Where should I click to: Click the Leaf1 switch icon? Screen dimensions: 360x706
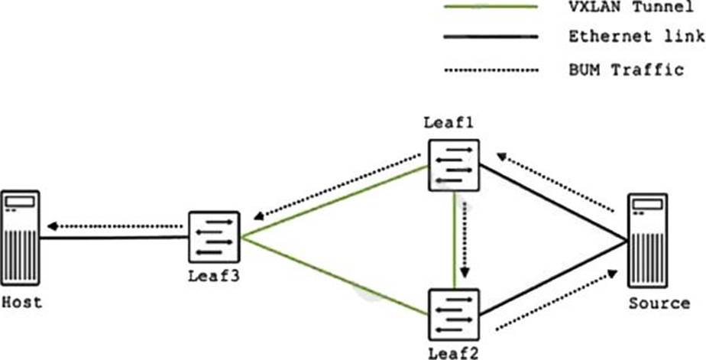454,164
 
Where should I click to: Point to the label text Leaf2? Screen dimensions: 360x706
454,352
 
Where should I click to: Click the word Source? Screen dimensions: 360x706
659,303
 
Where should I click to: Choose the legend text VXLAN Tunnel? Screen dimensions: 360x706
626,8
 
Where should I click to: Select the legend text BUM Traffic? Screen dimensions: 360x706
626,70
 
